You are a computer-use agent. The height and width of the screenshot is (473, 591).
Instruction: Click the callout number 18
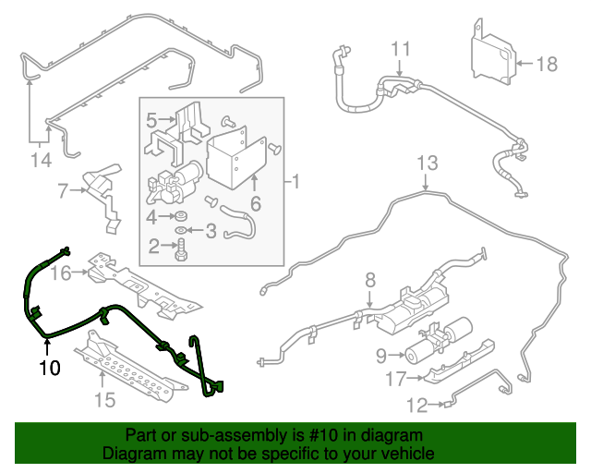point(548,64)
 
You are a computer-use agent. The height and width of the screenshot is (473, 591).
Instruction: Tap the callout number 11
point(399,48)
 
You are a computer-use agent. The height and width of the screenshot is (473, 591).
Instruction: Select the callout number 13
point(426,164)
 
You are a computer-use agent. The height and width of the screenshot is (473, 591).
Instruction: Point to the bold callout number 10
point(49,368)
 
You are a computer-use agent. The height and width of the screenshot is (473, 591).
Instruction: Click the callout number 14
point(39,161)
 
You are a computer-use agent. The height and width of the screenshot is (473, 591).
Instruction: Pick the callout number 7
point(63,192)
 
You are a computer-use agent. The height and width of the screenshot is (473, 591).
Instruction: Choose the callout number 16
point(61,273)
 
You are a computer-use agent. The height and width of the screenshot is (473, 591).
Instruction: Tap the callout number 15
point(104,400)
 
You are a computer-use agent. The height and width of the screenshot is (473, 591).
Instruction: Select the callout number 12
point(419,404)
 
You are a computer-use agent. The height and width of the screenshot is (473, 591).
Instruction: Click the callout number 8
point(369,279)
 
